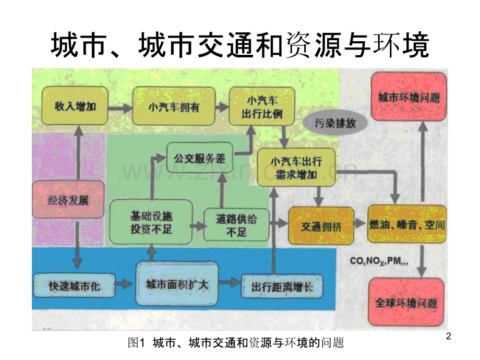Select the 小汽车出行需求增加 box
point(295,167)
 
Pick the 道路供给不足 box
point(236,224)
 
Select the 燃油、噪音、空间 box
point(406,224)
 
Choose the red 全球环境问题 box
point(406,303)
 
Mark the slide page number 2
point(449,338)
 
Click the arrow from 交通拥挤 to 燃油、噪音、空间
point(359,223)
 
